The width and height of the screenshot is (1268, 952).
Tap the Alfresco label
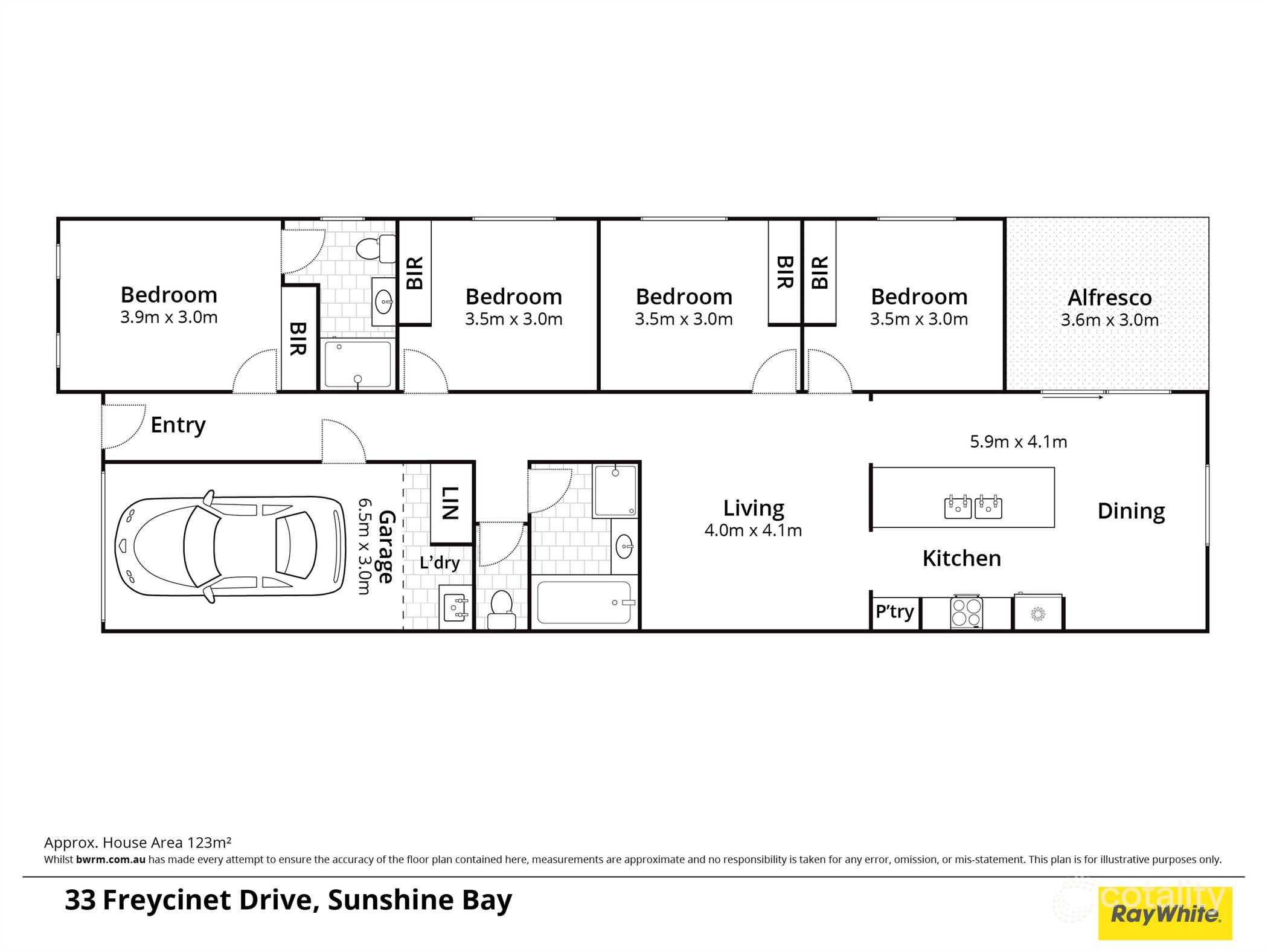pos(1109,298)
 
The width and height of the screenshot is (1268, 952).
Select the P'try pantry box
pos(894,612)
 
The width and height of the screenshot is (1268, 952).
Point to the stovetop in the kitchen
pos(966,613)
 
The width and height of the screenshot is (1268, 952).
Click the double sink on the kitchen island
pos(973,507)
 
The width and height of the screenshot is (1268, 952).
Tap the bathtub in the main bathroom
pos(583,602)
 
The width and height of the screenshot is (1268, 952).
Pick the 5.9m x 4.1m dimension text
pos(1018,442)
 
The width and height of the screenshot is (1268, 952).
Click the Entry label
pos(178,425)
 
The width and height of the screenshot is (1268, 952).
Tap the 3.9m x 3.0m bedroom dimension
pos(168,318)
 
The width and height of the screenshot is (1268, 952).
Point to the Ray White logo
pos(1165,914)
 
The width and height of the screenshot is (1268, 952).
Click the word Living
pos(753,508)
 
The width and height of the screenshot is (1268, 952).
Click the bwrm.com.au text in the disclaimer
pos(110,860)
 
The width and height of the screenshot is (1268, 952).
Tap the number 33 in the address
pos(80,900)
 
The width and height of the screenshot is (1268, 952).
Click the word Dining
pos(1130,511)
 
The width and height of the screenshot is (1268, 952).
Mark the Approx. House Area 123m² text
pos(138,843)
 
